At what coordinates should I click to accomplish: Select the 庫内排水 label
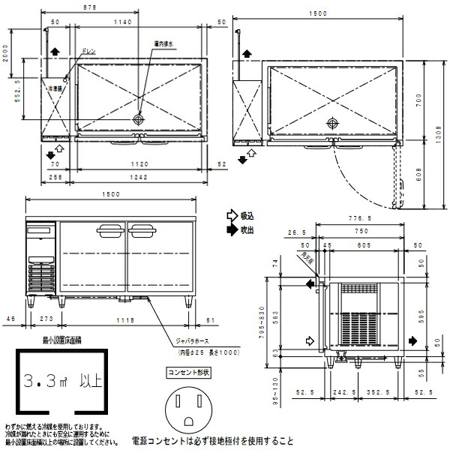[x=163, y=44]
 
